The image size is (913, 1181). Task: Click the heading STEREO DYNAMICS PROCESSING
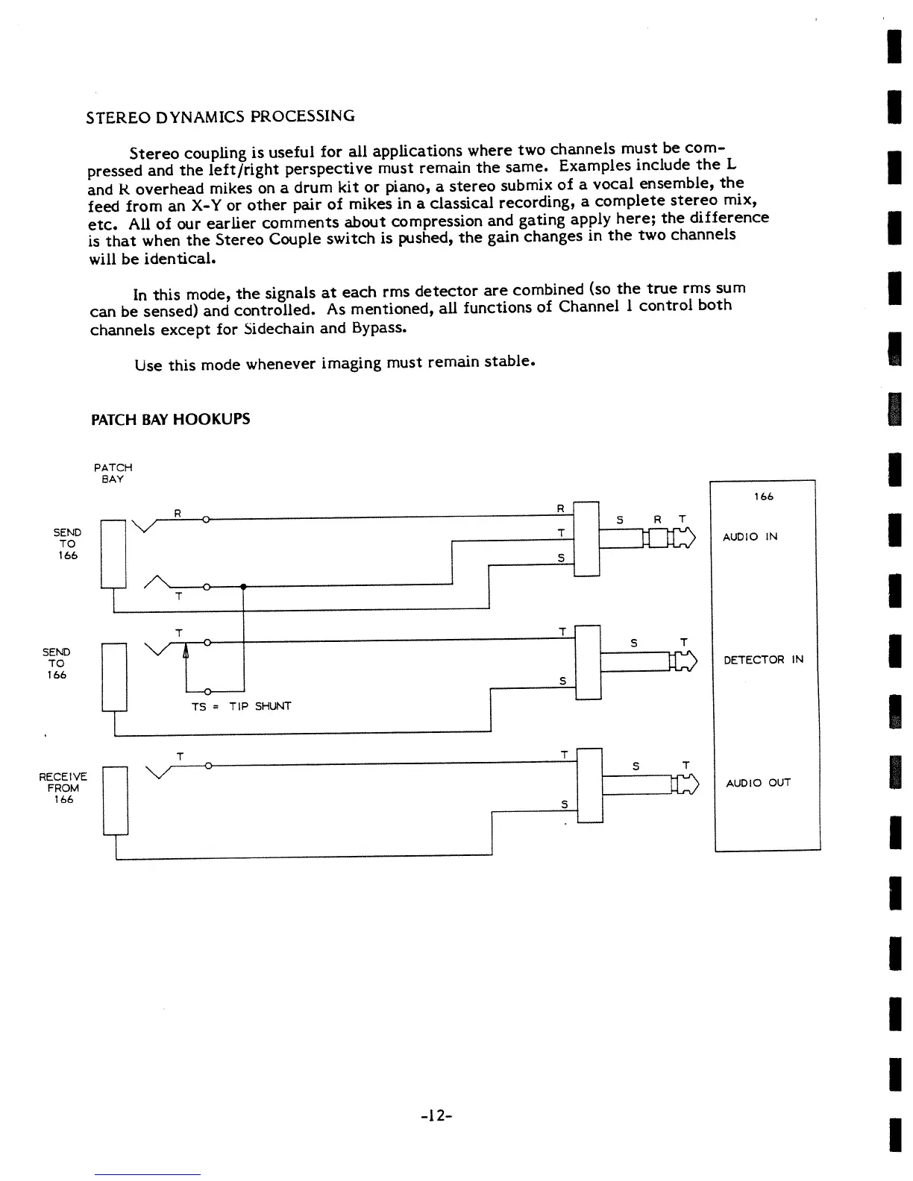(221, 116)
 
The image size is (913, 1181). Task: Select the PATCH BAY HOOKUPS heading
(170, 419)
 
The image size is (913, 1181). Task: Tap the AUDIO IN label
(750, 537)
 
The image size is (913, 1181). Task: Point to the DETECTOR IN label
(763, 660)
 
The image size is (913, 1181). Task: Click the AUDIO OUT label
(758, 783)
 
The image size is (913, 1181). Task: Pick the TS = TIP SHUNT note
(241, 705)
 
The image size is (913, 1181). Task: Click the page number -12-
(437, 1115)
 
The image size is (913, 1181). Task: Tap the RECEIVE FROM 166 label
(63, 787)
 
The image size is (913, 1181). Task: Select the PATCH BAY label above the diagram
(113, 473)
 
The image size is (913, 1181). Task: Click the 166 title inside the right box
(763, 497)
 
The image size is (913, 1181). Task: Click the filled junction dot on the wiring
(243, 587)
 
